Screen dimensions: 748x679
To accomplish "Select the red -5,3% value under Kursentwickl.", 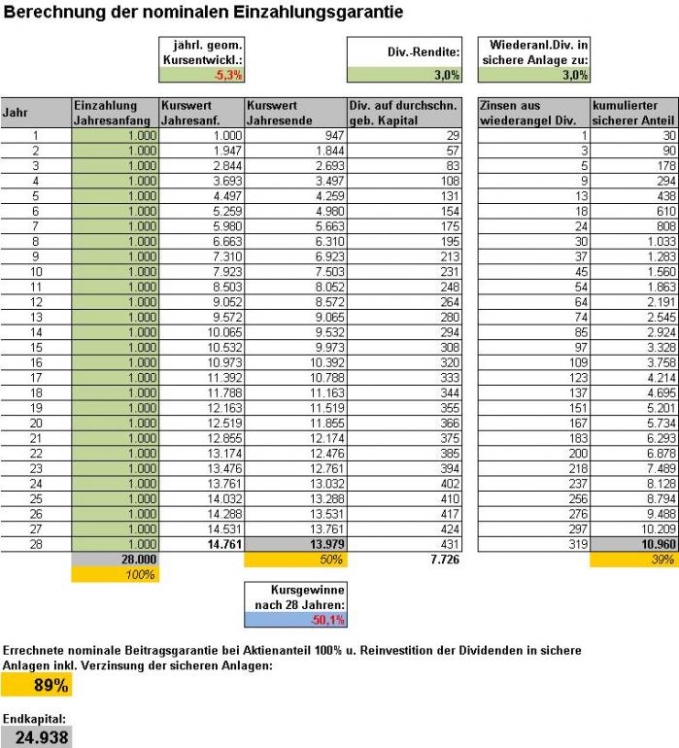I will point(228,74).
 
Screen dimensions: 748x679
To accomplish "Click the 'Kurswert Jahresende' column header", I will point(294,113).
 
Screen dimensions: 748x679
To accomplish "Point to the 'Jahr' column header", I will point(35,113).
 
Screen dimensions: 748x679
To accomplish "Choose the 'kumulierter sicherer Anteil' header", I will point(631,113).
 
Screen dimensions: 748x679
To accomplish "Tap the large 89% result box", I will point(37,686).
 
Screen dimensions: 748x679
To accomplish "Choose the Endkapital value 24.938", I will point(37,737).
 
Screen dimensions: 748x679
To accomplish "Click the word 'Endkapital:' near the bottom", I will point(35,718).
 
